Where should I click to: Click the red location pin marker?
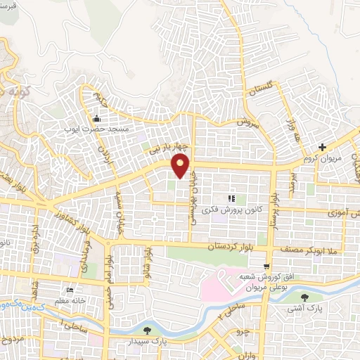181,166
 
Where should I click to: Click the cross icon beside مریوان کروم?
322,148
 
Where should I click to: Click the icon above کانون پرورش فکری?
231,199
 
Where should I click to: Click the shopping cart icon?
266,266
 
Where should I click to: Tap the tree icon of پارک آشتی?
304,297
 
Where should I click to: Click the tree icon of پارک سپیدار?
146,330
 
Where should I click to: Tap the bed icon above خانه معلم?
69,291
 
